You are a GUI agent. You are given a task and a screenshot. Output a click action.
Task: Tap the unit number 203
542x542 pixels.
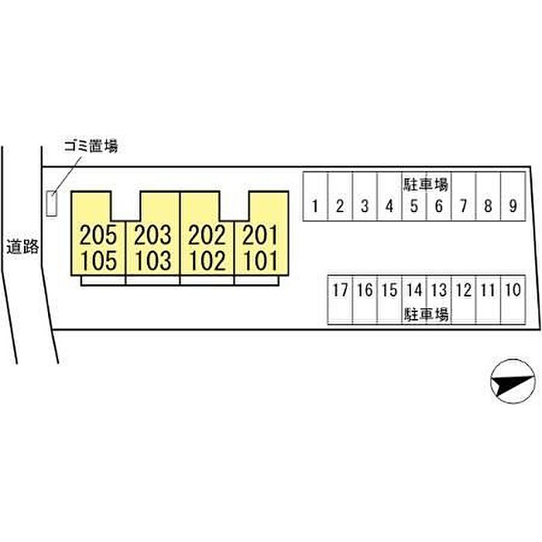153,234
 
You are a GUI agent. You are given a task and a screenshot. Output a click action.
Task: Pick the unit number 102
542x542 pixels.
207,260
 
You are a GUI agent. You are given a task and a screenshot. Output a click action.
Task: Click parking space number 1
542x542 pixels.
315,206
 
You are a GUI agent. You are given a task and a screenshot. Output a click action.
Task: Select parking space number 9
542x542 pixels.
513,206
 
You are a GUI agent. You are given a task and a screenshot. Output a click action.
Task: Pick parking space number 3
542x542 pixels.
365,206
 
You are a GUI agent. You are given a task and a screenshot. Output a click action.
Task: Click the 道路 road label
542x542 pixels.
22,248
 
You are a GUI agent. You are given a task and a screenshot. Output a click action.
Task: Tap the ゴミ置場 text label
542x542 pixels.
92,146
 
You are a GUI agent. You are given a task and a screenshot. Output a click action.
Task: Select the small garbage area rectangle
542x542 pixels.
52,204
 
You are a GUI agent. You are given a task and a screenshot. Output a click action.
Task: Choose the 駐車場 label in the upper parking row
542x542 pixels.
427,184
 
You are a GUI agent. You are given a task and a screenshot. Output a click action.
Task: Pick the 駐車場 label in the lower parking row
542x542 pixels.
427,314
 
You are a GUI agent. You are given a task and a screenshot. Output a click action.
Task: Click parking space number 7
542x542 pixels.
463,206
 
